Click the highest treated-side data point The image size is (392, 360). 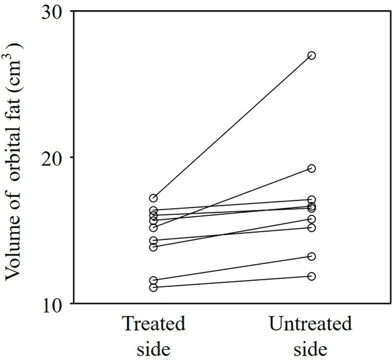(153, 198)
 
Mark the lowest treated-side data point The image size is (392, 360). (153, 287)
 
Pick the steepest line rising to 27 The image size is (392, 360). (233, 127)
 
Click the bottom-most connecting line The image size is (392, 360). (233, 282)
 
